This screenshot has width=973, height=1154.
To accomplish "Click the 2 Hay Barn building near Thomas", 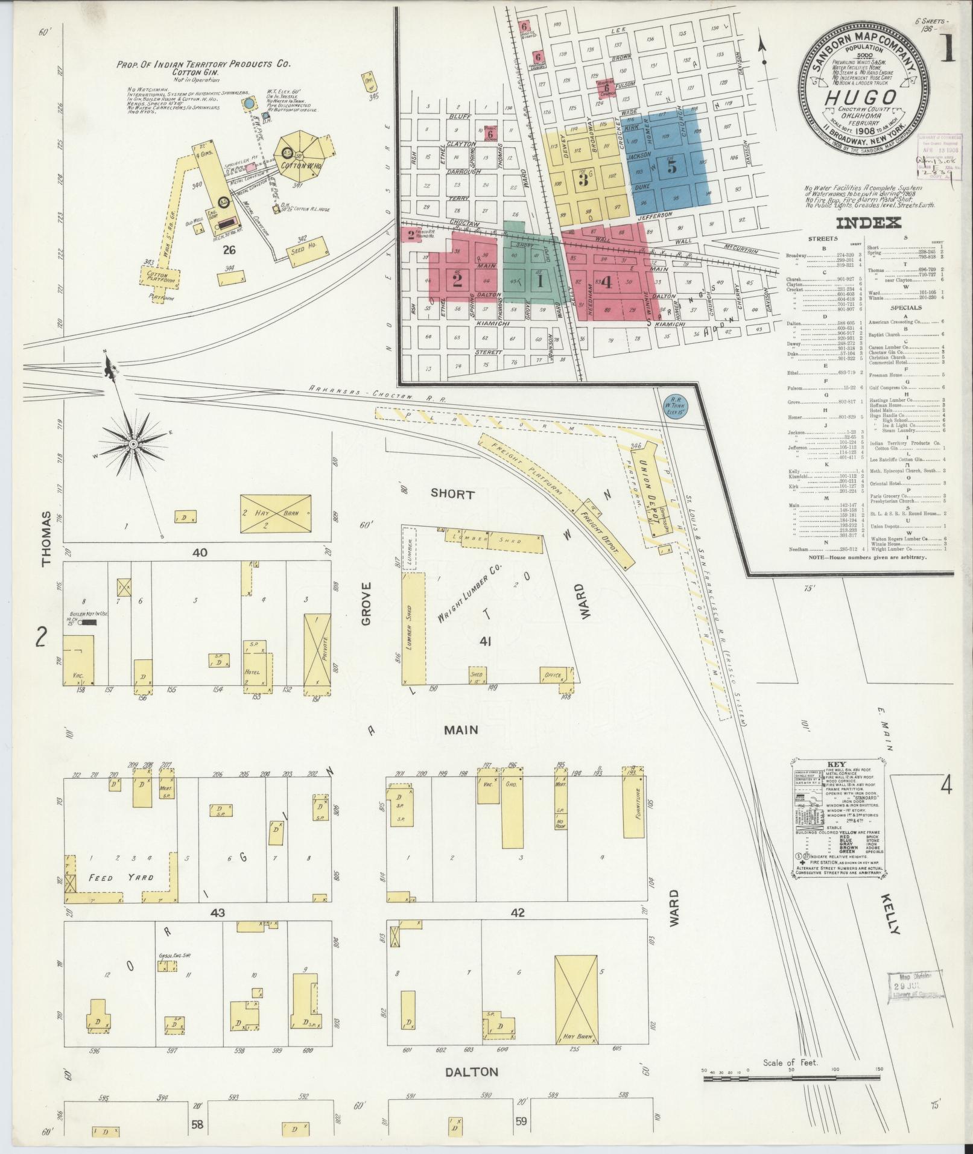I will [276, 513].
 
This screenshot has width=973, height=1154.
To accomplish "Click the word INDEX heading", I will [868, 223].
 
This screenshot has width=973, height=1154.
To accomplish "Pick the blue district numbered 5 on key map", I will [671, 166].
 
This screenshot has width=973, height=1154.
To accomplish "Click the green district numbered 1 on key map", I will [539, 281].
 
